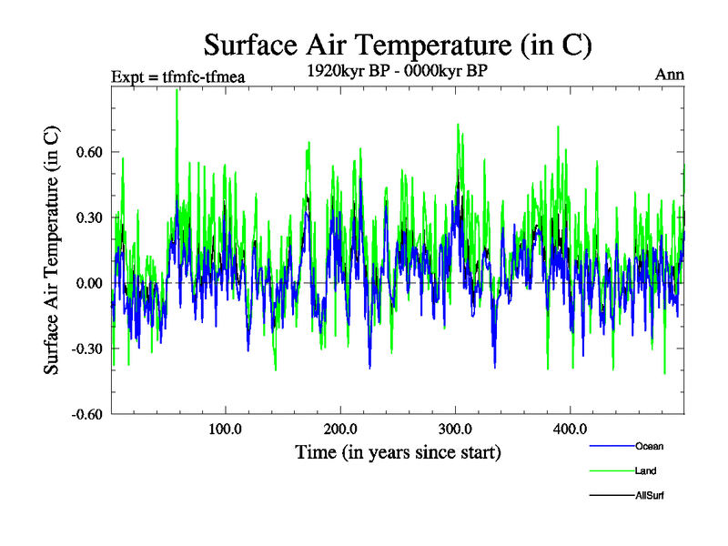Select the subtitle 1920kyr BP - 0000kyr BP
point(397,70)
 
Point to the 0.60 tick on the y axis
point(89,152)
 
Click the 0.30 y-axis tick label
point(89,217)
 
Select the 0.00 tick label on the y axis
point(89,283)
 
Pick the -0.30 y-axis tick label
point(86,349)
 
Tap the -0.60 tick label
point(86,414)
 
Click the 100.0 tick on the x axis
point(225,429)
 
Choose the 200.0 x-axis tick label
point(339,429)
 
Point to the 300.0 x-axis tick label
point(454,429)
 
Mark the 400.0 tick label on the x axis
point(569,429)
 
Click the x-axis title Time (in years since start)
point(398,452)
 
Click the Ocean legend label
point(650,446)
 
